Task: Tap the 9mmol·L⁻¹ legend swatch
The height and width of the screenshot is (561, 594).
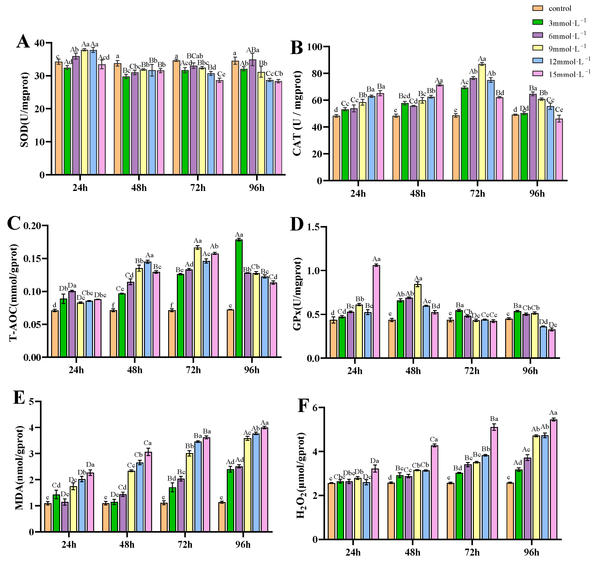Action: click(x=538, y=48)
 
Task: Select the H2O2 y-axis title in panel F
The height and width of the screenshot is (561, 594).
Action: click(x=301, y=475)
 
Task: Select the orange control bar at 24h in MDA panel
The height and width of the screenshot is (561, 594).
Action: click(x=48, y=517)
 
